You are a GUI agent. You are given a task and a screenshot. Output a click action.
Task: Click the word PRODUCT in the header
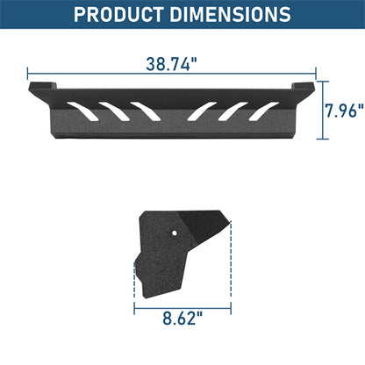point(120,15)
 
